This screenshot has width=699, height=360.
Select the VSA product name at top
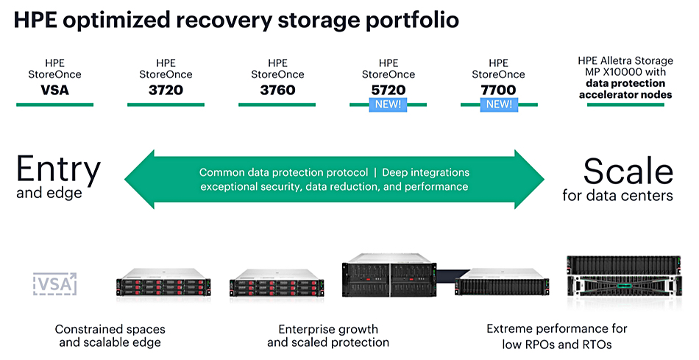point(55,91)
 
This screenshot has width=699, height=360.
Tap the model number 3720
point(166,91)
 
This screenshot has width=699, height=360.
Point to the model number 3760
point(277,91)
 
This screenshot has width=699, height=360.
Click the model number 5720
point(388,90)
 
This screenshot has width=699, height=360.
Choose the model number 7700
point(498,90)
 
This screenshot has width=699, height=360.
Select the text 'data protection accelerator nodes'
point(625,89)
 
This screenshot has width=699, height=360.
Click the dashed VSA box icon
point(55,284)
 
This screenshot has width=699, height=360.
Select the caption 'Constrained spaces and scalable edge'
point(110,336)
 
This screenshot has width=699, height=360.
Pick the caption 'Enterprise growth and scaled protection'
point(327,336)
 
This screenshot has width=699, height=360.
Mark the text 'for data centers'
point(617,196)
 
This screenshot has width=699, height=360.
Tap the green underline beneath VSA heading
point(55,105)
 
